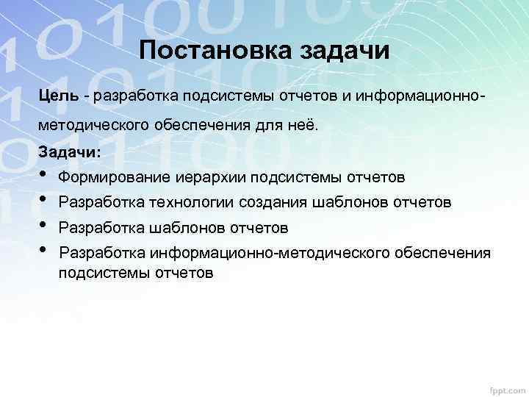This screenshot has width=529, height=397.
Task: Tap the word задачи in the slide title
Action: click(344, 52)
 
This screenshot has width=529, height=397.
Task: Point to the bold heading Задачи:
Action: click(71, 151)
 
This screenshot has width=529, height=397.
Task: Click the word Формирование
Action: click(115, 177)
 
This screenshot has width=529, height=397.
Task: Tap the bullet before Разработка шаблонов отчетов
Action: click(45, 226)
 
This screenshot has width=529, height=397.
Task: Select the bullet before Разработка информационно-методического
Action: click(45, 251)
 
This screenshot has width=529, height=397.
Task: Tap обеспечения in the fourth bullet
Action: click(445, 253)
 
